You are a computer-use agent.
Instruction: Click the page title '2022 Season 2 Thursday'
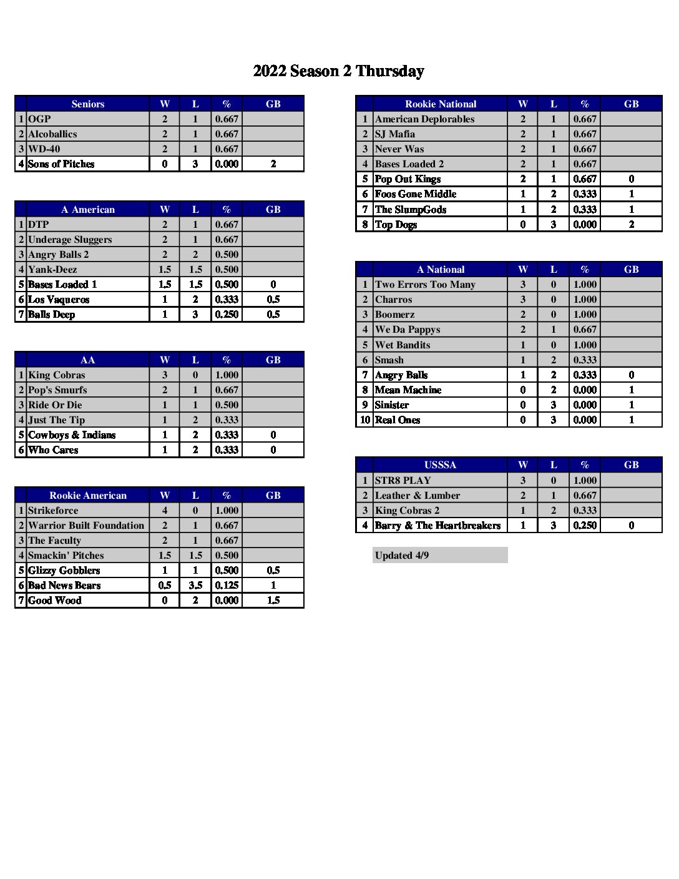(x=338, y=71)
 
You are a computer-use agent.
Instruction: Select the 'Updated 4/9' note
(x=402, y=556)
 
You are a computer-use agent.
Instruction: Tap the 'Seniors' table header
(x=87, y=104)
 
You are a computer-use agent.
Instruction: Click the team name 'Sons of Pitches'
(x=61, y=164)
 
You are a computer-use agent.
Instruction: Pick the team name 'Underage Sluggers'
(x=70, y=240)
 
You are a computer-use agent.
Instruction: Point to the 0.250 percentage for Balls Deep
(x=227, y=315)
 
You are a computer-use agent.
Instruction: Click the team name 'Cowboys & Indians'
(x=72, y=435)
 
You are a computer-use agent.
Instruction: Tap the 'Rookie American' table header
(x=87, y=496)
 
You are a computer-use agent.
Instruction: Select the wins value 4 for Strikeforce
(x=165, y=511)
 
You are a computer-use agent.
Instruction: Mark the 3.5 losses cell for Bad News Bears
(x=195, y=586)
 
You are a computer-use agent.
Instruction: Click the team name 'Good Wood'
(x=55, y=601)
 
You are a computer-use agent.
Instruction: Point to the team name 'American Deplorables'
(x=424, y=119)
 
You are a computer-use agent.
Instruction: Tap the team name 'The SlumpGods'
(x=411, y=210)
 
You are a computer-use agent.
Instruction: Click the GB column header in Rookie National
(x=631, y=104)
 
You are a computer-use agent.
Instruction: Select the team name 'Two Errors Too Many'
(x=425, y=285)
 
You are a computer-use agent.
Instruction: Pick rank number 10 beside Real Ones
(x=365, y=420)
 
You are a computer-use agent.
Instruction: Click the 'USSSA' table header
(x=440, y=465)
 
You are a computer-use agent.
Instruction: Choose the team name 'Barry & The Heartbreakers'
(x=437, y=526)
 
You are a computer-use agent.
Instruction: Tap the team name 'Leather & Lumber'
(x=418, y=496)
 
